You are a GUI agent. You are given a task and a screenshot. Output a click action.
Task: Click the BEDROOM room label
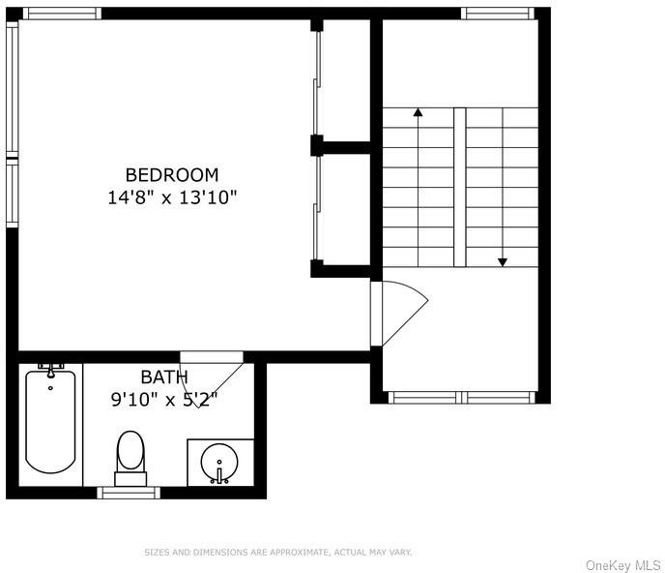pyautogui.click(x=172, y=175)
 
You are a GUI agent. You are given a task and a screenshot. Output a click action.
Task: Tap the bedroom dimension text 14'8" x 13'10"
pyautogui.click(x=172, y=197)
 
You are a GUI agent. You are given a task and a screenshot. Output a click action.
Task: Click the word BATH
pyautogui.click(x=164, y=377)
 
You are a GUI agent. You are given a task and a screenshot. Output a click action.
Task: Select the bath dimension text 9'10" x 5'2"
pyautogui.click(x=164, y=400)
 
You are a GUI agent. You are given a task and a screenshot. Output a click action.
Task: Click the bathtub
pyautogui.click(x=50, y=421)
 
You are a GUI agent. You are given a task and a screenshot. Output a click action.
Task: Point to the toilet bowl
pyautogui.click(x=130, y=450)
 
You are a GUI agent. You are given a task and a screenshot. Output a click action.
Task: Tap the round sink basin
pyautogui.click(x=219, y=463)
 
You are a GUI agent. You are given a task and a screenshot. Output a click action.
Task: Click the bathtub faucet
pyautogui.click(x=51, y=370)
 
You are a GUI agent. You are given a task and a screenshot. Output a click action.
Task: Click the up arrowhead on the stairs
pyautogui.click(x=419, y=112)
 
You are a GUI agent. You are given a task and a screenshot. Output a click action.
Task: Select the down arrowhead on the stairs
pyautogui.click(x=503, y=262)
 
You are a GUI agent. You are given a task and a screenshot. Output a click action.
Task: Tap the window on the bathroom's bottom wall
pyautogui.click(x=129, y=493)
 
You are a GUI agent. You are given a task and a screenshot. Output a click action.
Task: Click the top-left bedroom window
pyautogui.click(x=62, y=14)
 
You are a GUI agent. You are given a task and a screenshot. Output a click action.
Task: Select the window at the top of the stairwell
pyautogui.click(x=498, y=14)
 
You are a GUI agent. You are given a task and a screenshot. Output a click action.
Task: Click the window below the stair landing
pyautogui.click(x=461, y=398)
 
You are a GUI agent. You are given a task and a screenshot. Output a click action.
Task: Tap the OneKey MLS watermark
pyautogui.click(x=622, y=565)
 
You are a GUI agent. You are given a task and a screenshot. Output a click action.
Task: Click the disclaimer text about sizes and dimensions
pyautogui.click(x=278, y=552)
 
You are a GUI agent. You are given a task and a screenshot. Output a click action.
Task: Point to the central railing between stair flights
pyautogui.click(x=460, y=188)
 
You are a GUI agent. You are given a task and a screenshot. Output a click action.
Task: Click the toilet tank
pyautogui.click(x=130, y=478)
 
